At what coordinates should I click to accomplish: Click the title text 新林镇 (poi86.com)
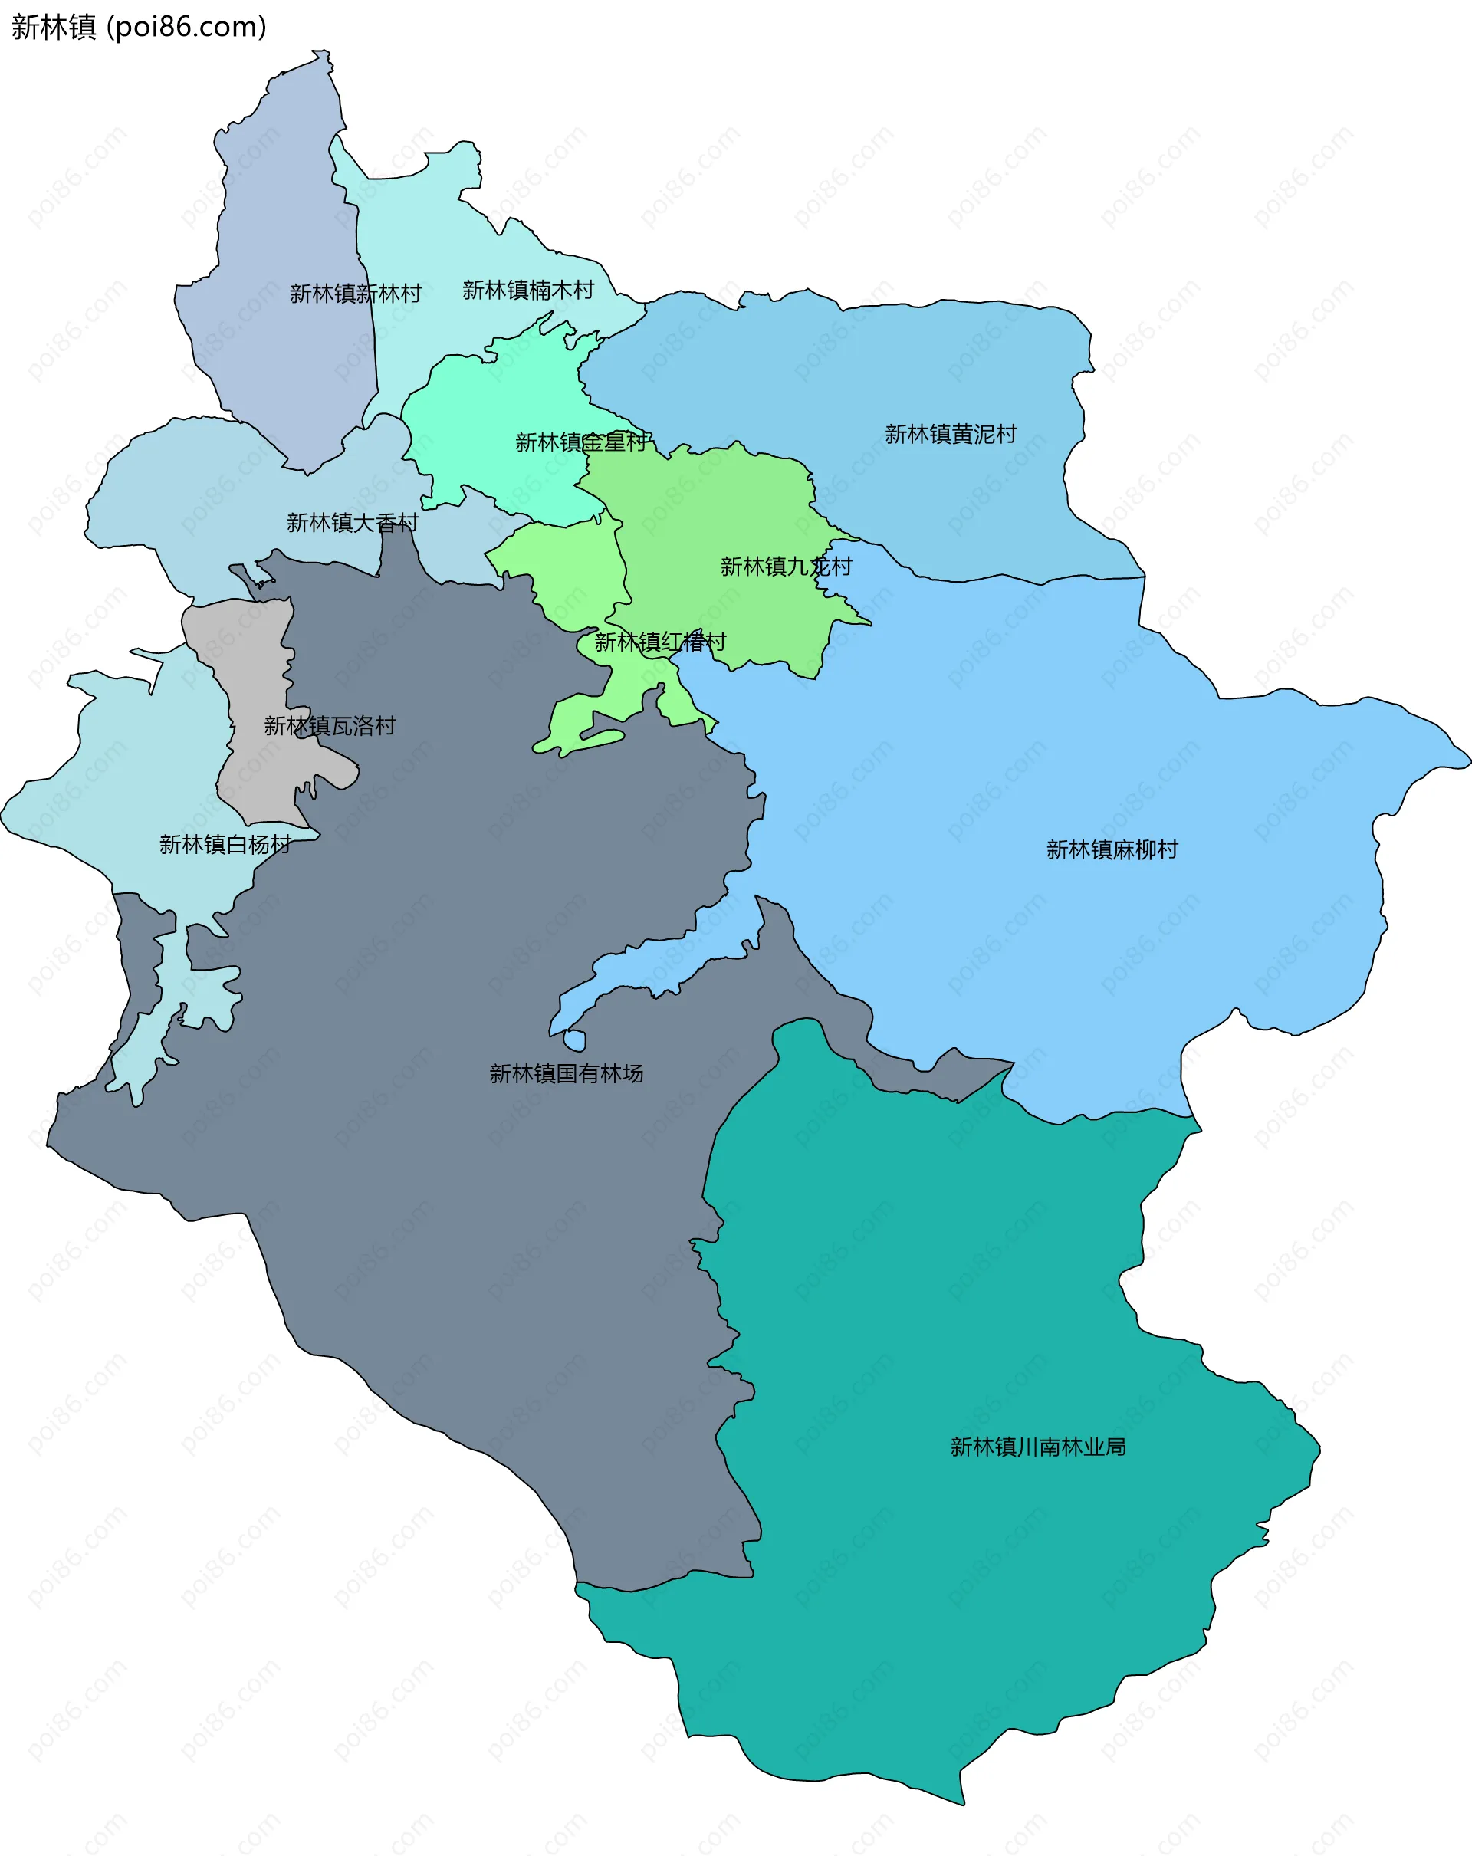[x=139, y=27]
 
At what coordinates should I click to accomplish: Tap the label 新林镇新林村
[x=355, y=294]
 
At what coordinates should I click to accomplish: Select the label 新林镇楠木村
[x=527, y=290]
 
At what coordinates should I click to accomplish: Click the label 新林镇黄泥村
[x=951, y=434]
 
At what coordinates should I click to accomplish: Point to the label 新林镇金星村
[x=581, y=442]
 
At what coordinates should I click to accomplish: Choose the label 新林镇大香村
[x=352, y=523]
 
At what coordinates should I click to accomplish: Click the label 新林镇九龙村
[x=785, y=567]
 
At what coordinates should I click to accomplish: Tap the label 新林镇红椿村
[x=659, y=642]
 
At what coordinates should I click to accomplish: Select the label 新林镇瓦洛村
[x=330, y=726]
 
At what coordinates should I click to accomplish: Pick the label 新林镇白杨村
[x=225, y=845]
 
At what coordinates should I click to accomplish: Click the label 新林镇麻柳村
[x=1112, y=849]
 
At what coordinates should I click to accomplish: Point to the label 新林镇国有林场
[x=566, y=1073]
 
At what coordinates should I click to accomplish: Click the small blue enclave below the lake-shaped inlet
[x=575, y=1042]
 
